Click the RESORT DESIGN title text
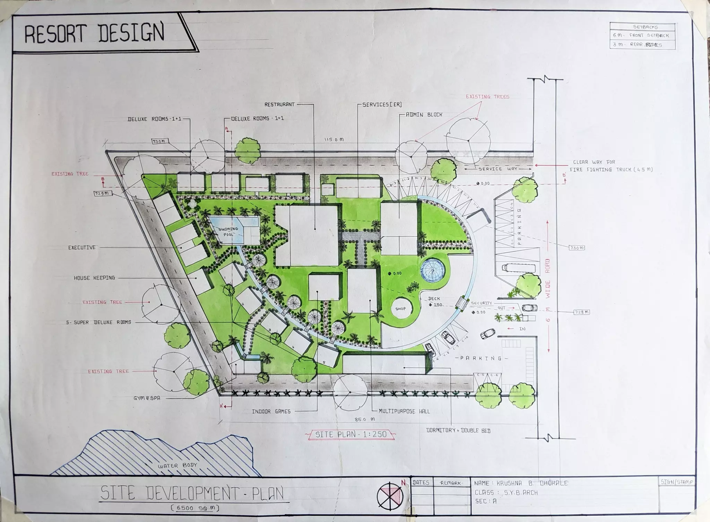point(94,33)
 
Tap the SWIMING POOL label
point(228,231)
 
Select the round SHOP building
point(400,308)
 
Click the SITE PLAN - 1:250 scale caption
point(351,434)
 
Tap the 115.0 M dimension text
point(334,139)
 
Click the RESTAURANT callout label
point(279,104)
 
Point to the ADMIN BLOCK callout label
point(424,114)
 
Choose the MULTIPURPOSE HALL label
point(404,411)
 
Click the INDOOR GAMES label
point(271,411)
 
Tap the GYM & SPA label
point(147,398)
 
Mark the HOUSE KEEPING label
point(94,278)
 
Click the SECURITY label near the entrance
point(481,303)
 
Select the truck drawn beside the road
point(518,268)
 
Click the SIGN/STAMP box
point(676,482)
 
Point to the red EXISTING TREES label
point(487,97)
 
